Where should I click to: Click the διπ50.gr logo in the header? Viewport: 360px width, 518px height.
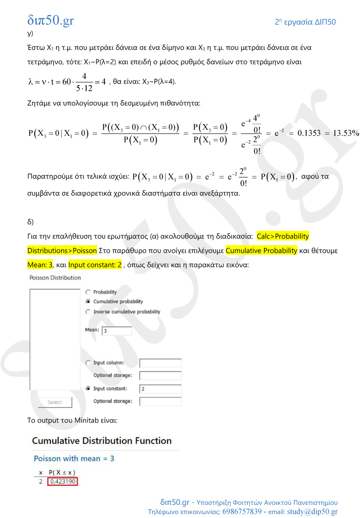click(x=50, y=20)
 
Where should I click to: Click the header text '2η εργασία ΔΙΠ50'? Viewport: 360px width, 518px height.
click(x=305, y=22)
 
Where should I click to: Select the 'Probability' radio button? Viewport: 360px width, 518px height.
click(x=88, y=292)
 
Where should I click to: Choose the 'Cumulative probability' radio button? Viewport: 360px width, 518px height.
click(x=88, y=302)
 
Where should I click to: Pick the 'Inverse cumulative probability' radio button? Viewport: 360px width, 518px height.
click(x=88, y=312)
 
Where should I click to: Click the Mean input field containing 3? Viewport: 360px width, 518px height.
click(x=117, y=331)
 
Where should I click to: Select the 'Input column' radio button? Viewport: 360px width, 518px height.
click(x=88, y=363)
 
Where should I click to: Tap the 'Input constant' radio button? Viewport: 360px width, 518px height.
click(x=88, y=389)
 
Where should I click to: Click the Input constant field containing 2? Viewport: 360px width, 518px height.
click(x=160, y=389)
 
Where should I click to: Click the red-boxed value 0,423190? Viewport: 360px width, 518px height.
click(x=62, y=481)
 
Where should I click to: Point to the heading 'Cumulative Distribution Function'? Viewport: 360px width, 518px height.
click(x=102, y=441)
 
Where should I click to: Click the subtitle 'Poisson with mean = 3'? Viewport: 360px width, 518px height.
click(x=74, y=458)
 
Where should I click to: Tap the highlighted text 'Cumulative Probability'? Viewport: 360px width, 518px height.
click(x=261, y=250)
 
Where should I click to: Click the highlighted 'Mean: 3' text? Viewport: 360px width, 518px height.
click(x=40, y=264)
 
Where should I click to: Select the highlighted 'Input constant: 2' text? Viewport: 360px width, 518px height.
click(x=95, y=264)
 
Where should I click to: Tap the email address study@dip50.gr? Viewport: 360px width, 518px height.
click(x=312, y=511)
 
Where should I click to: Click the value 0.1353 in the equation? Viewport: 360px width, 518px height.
click(x=309, y=133)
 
